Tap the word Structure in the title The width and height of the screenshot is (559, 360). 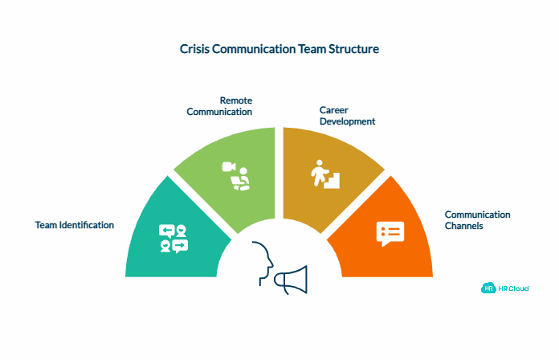(x=350, y=49)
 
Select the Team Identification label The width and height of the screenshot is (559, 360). (x=75, y=225)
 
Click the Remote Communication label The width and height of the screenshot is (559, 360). (x=219, y=106)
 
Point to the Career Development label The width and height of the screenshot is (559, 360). (x=348, y=116)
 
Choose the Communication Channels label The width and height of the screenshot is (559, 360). (x=478, y=220)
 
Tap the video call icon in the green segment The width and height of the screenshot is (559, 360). (x=236, y=177)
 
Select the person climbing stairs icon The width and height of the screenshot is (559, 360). (x=325, y=174)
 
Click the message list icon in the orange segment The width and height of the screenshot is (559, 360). (x=390, y=232)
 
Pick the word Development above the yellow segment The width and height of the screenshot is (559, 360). (x=348, y=121)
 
